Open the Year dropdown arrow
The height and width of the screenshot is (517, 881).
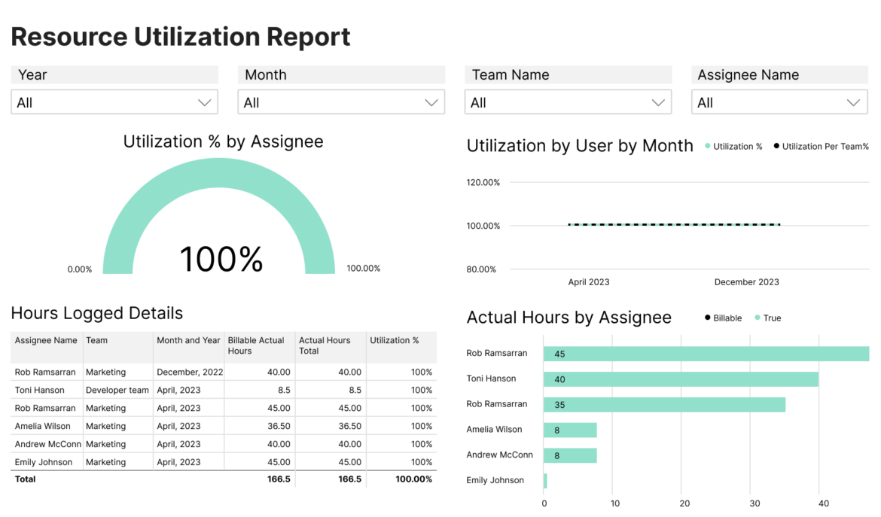pyautogui.click(x=204, y=102)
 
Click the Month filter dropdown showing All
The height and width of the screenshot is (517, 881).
pyautogui.click(x=340, y=102)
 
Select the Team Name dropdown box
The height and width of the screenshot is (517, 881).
pyautogui.click(x=567, y=102)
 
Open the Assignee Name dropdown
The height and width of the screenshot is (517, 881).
pyautogui.click(x=779, y=102)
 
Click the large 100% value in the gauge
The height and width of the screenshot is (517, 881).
pyautogui.click(x=221, y=259)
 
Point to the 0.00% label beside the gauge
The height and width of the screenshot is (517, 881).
pyautogui.click(x=79, y=269)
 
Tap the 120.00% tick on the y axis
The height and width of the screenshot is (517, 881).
pyautogui.click(x=483, y=182)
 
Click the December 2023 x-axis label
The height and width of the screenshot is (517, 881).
pyautogui.click(x=746, y=282)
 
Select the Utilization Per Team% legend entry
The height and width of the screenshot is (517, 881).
pyautogui.click(x=825, y=147)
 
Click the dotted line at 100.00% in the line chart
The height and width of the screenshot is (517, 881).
pyautogui.click(x=673, y=224)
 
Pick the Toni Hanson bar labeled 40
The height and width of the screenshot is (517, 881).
pyautogui.click(x=681, y=379)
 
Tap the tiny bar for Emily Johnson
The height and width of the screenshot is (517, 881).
pyautogui.click(x=545, y=480)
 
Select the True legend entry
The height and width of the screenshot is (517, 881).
pyautogui.click(x=771, y=318)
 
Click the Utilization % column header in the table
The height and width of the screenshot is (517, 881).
pyautogui.click(x=394, y=341)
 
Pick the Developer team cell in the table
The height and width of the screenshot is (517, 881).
pyautogui.click(x=117, y=390)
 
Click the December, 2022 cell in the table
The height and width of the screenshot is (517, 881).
pyautogui.click(x=189, y=372)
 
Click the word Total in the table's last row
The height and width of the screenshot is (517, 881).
pyautogui.click(x=25, y=479)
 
